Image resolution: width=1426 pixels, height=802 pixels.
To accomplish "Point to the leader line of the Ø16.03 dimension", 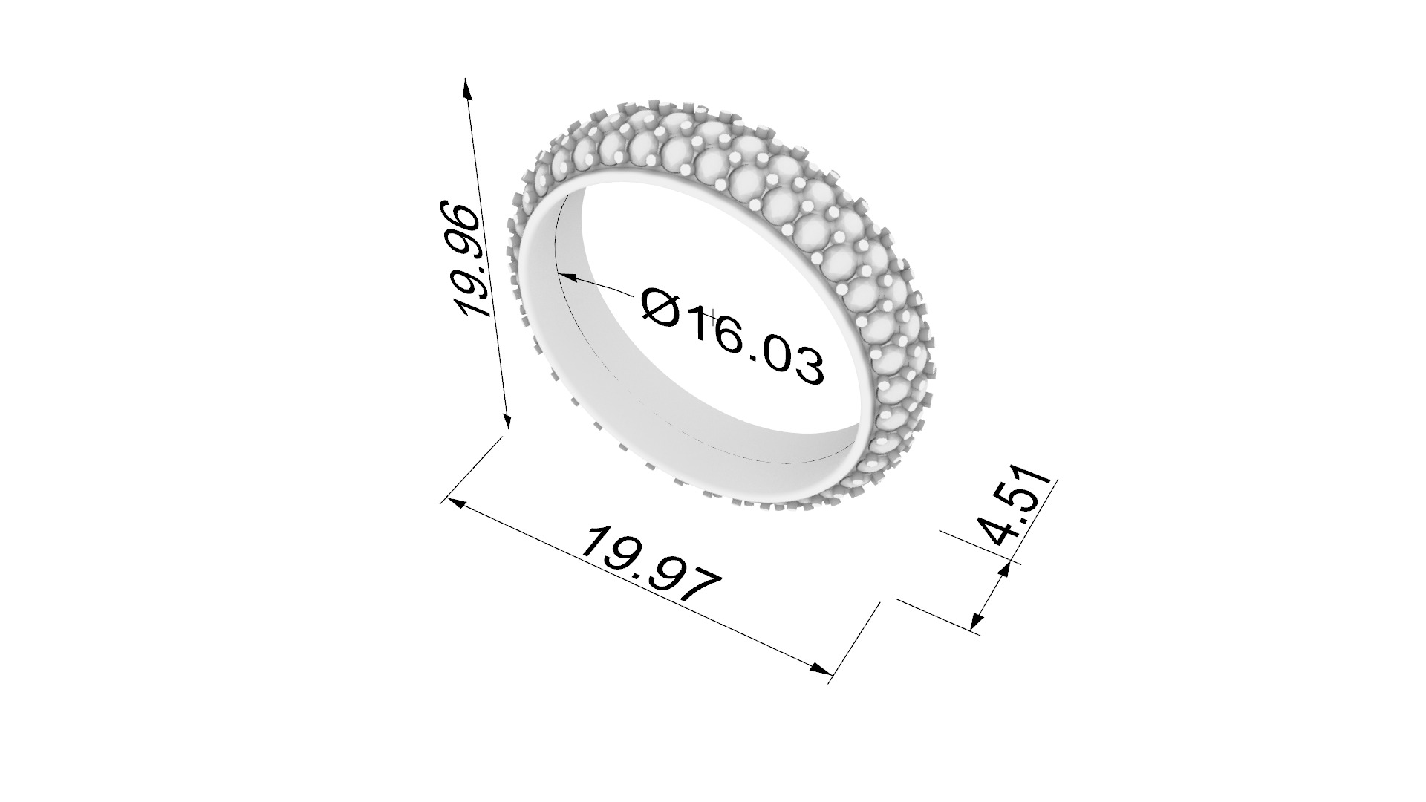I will click(x=605, y=287).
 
